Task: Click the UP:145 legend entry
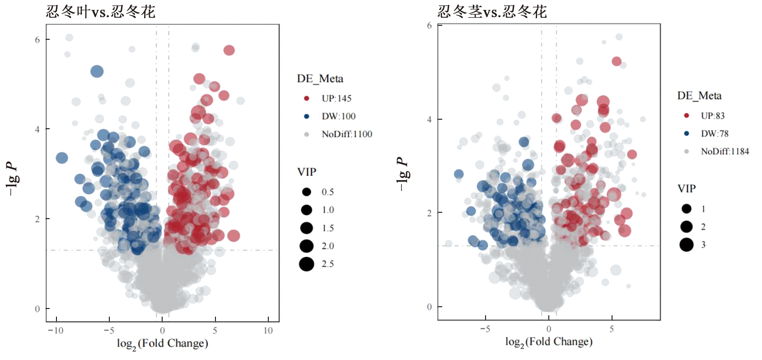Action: (336, 98)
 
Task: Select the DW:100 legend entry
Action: (338, 117)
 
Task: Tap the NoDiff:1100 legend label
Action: (346, 134)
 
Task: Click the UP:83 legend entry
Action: (712, 116)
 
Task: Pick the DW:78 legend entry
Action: (714, 134)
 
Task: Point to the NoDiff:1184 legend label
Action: (725, 151)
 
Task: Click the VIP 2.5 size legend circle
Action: (306, 264)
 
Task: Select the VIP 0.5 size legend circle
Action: (306, 192)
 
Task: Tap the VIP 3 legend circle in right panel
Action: (686, 245)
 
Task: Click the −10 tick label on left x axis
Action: (55, 331)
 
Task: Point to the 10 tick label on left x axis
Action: (268, 331)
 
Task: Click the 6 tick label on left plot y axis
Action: (37, 40)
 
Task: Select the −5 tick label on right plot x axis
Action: (485, 329)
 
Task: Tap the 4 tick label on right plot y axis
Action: (429, 120)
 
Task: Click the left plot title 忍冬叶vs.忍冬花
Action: (100, 11)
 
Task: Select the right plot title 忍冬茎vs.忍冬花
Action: (492, 11)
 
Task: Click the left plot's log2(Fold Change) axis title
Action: (162, 344)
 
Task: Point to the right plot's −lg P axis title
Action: (402, 174)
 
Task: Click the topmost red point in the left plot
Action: (229, 50)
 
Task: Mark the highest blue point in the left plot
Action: (97, 71)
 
